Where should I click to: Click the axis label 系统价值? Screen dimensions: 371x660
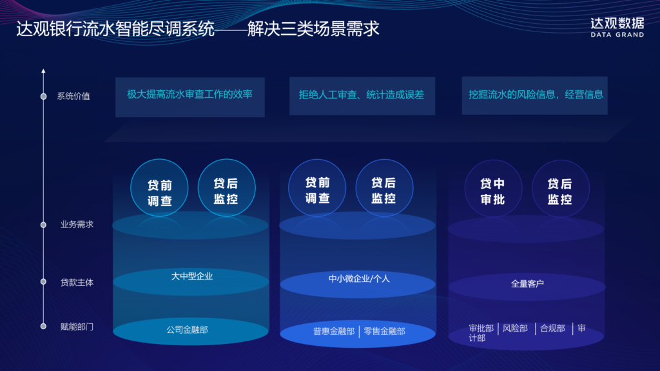[73, 97]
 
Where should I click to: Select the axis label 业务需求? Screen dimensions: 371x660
[77, 225]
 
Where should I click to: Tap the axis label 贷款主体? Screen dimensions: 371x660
[77, 282]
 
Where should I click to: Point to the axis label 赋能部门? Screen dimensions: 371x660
[77, 327]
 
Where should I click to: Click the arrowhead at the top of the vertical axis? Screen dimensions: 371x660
[43, 70]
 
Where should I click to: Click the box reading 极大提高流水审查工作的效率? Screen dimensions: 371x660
[189, 95]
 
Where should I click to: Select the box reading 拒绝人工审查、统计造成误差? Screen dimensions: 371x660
[362, 95]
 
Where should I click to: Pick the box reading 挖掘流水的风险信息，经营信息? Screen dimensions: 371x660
[536, 95]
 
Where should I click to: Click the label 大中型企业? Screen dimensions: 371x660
[191, 276]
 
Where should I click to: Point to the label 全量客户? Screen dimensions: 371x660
[527, 283]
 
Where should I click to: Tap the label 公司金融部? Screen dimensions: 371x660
[187, 330]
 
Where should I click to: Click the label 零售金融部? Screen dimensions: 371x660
[384, 331]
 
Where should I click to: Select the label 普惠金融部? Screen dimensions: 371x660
[334, 331]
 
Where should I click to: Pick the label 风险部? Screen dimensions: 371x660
[515, 328]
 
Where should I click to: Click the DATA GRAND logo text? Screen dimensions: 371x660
[617, 35]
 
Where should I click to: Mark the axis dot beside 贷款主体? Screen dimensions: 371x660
[43, 281]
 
